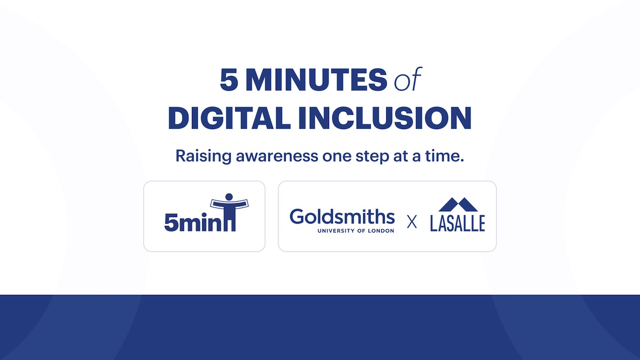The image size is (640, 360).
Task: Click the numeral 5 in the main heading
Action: pos(229,79)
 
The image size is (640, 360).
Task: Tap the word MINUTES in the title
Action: pos(316,79)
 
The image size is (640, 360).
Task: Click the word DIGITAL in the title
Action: pos(229,118)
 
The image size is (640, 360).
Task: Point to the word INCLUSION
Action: pos(385,118)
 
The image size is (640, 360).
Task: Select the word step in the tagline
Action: pos(372,157)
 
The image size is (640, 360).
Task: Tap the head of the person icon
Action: pos(229,197)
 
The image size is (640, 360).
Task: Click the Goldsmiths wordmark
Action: pos(342,217)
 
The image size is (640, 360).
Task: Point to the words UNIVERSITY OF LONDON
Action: pos(356,230)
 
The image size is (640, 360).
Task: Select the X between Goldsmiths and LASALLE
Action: pos(412,222)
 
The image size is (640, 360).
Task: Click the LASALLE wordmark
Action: pos(458,223)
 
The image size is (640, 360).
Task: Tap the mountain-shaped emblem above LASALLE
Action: pos(458,204)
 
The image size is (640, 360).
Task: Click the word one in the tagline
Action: pos(337,157)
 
